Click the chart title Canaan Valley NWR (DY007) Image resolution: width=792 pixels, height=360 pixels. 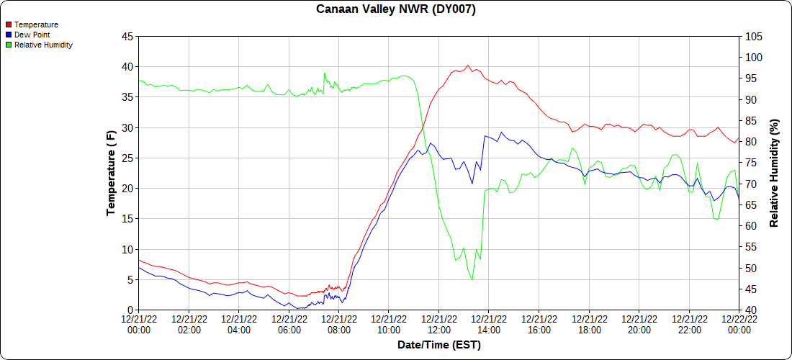point(396,9)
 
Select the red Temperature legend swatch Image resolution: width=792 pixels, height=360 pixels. point(9,24)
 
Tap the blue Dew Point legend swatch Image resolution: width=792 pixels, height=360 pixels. point(9,35)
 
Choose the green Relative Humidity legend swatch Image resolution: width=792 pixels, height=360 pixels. point(9,45)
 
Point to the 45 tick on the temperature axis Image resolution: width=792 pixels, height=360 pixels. point(127,37)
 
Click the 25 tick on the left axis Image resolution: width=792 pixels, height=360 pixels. point(127,158)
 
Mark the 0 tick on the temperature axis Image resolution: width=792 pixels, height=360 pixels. point(130,310)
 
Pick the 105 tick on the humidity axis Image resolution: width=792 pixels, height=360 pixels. point(753,37)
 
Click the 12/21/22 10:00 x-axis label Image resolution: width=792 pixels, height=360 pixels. point(389,324)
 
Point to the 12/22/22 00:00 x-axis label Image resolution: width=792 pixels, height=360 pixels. point(739,324)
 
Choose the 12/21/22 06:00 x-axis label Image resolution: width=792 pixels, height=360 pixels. point(289,324)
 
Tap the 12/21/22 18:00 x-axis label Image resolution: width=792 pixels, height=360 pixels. point(589,324)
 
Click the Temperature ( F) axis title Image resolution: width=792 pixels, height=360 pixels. point(111,173)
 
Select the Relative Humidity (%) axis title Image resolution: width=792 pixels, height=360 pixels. point(775,173)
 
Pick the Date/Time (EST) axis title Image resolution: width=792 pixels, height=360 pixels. point(439,345)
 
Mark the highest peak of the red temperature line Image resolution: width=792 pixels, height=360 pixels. point(468,66)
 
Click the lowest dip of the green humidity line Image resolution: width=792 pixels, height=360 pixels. point(472,279)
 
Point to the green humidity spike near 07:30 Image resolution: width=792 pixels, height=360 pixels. point(325,73)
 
